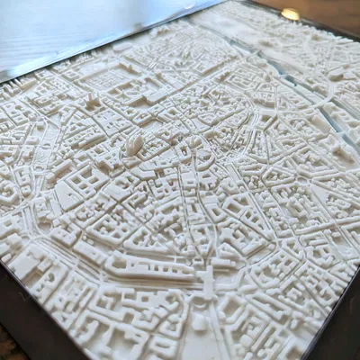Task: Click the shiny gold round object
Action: point(290,13)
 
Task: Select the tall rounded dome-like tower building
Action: point(135,142)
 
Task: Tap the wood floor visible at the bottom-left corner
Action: point(7,346)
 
